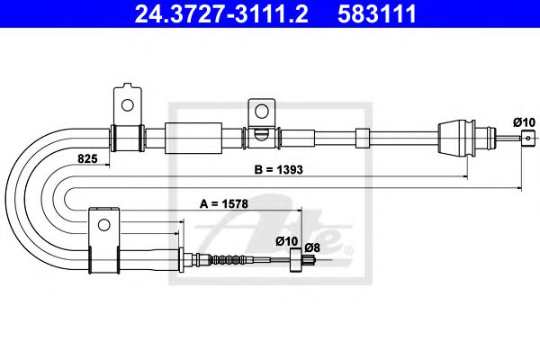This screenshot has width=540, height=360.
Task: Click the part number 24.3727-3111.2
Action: pyautogui.click(x=195, y=13)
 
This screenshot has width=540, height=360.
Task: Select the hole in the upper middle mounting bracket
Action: pyautogui.click(x=261, y=111)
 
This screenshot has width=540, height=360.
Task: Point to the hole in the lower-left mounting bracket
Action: pyautogui.click(x=103, y=224)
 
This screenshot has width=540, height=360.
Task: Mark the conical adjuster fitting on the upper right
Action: pyautogui.click(x=454, y=138)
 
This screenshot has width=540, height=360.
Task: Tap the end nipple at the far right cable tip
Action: pyautogui.click(x=524, y=137)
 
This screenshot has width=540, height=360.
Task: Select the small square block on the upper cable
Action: pyautogui.click(x=363, y=138)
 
